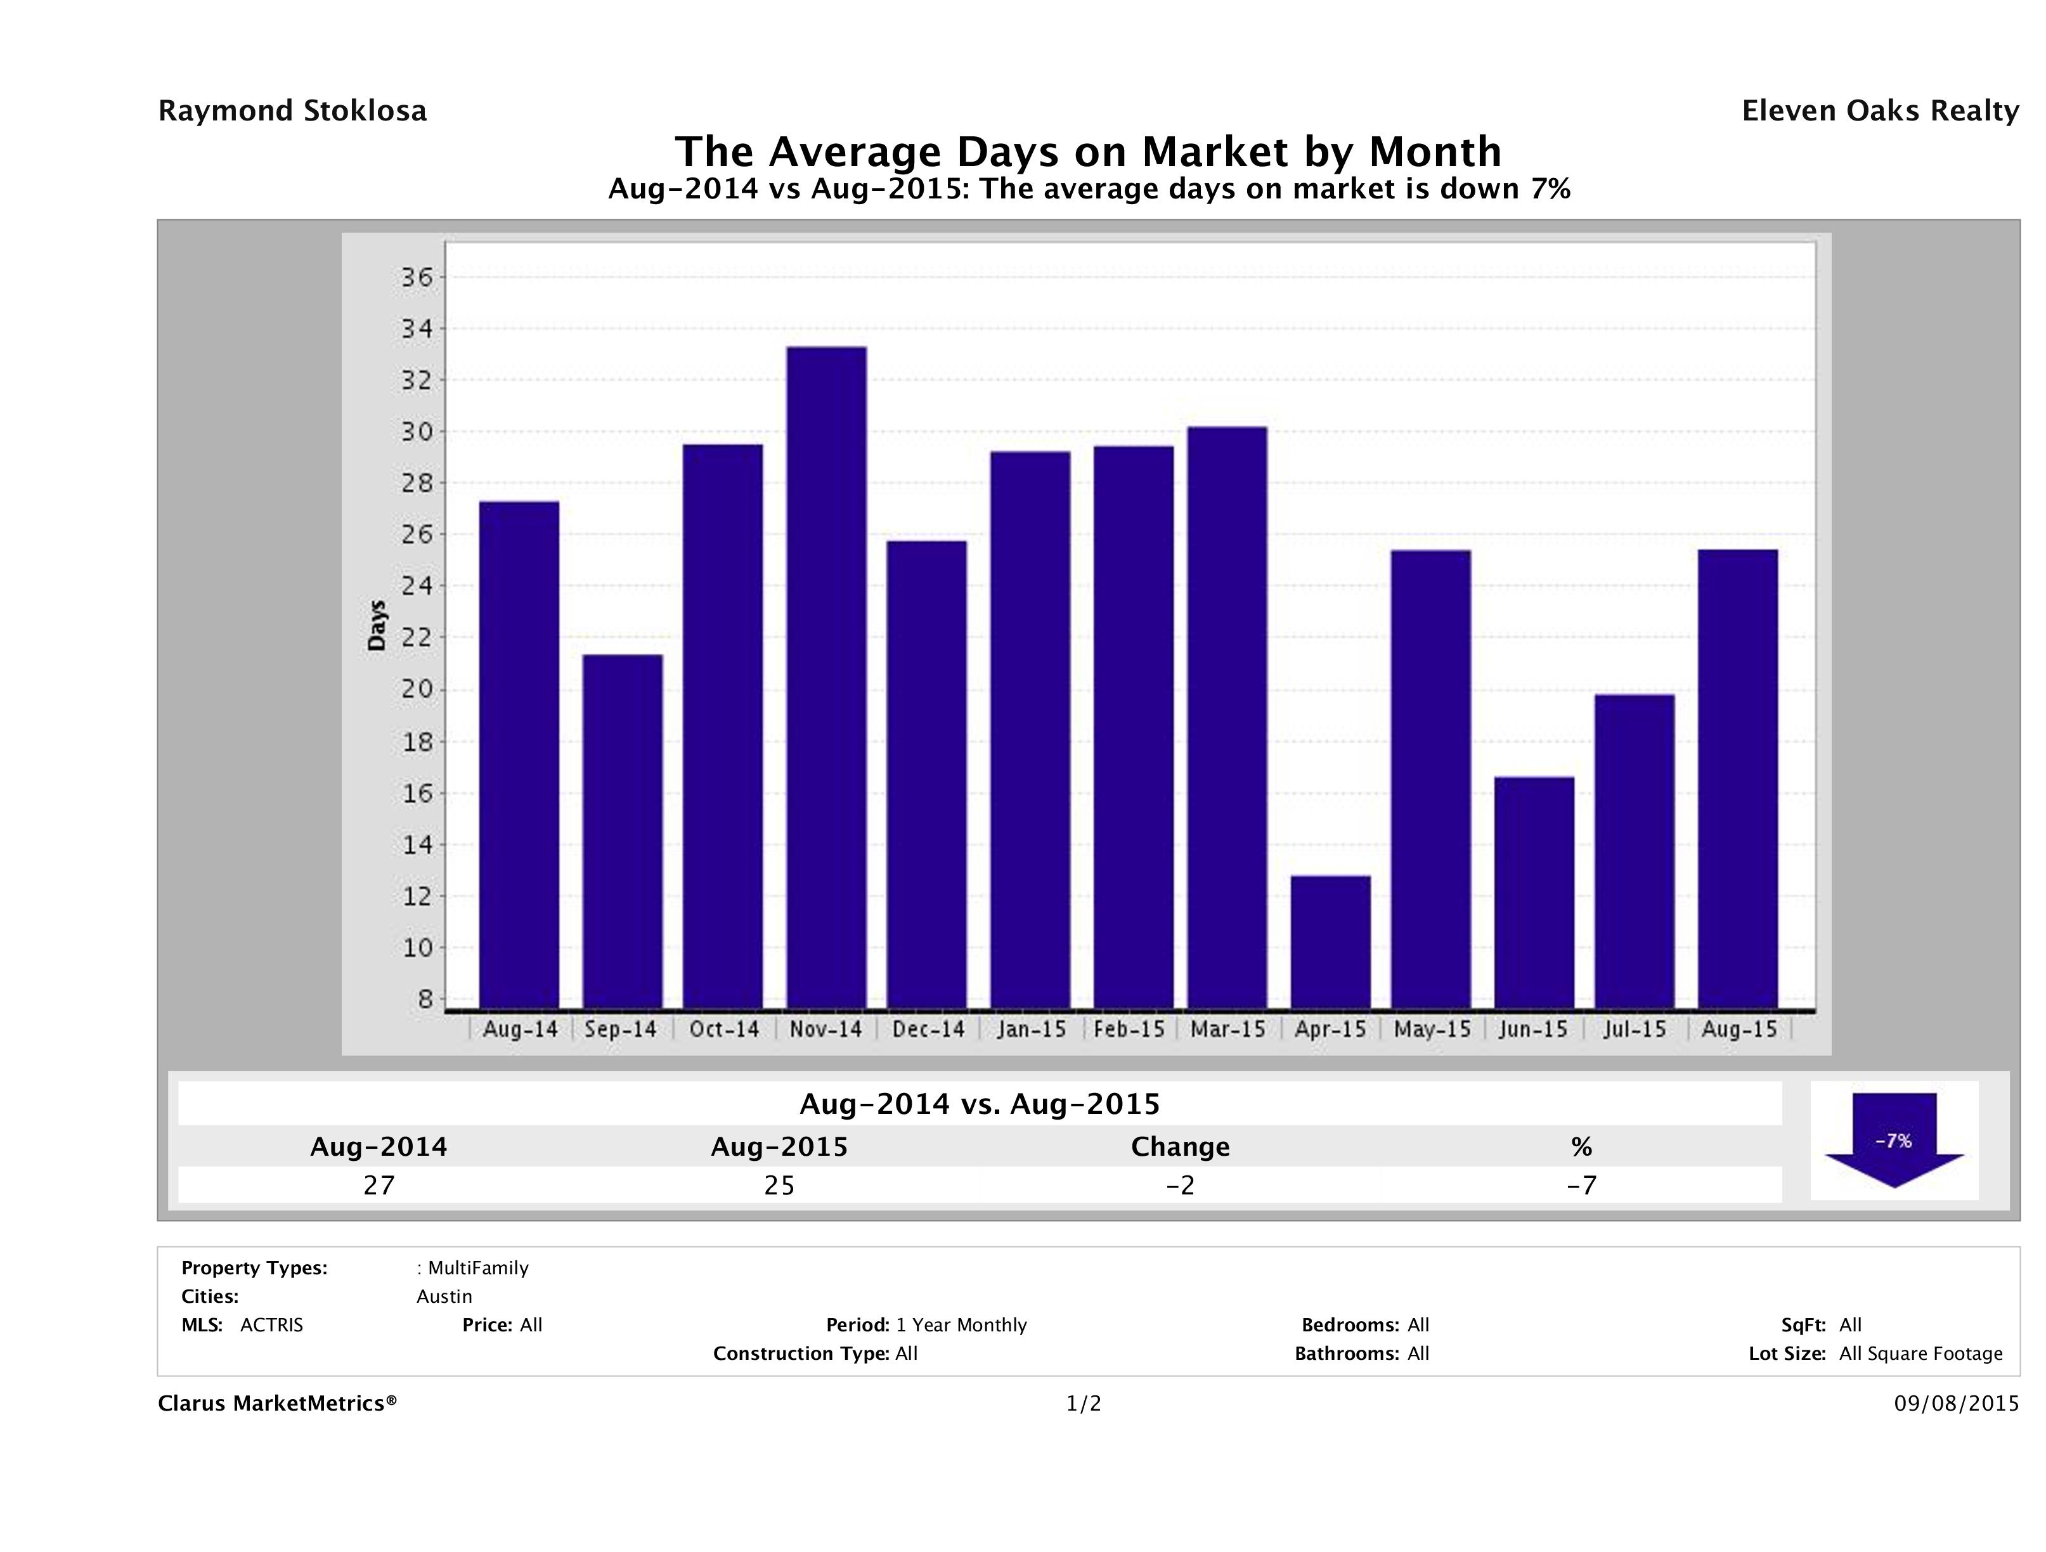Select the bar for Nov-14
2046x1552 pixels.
click(x=826, y=677)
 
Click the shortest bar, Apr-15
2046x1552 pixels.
click(x=1330, y=941)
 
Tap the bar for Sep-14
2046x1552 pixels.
click(x=623, y=831)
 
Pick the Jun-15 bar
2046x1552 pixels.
click(x=1534, y=893)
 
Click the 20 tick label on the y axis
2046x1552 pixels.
click(x=415, y=689)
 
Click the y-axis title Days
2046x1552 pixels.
click(x=377, y=625)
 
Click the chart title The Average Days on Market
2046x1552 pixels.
click(x=1088, y=151)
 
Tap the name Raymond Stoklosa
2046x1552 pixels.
click(x=292, y=111)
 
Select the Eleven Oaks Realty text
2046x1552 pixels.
click(x=1879, y=111)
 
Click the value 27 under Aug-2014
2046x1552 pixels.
click(x=379, y=1185)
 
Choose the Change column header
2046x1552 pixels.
click(x=1181, y=1147)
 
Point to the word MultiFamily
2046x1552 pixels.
click(x=478, y=1268)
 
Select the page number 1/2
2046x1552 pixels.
click(x=1083, y=1403)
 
